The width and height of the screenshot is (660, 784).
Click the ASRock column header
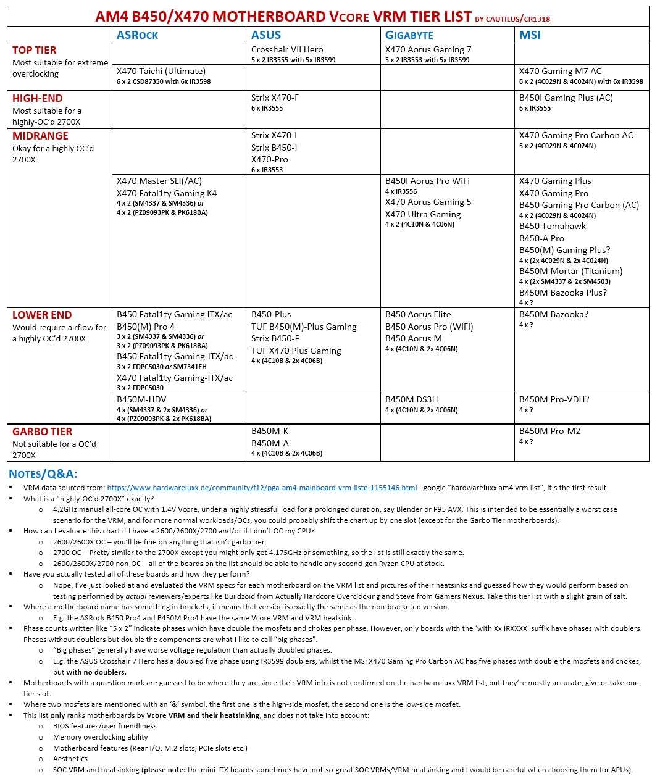(x=137, y=35)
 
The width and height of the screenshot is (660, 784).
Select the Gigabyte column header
(x=409, y=35)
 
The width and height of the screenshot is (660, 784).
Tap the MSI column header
(x=530, y=35)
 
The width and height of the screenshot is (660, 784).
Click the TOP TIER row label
(x=35, y=51)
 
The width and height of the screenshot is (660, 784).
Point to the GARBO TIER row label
(x=43, y=432)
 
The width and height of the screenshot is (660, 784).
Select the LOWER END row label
(x=42, y=315)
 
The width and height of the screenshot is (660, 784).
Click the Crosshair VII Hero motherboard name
(x=287, y=49)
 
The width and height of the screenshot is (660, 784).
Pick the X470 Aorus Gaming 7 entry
(x=428, y=49)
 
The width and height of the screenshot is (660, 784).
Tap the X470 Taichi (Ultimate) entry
(x=161, y=71)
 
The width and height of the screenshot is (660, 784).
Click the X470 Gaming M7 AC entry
(x=560, y=71)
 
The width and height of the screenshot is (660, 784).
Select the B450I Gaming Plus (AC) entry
(x=566, y=98)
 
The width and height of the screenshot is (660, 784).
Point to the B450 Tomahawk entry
(x=552, y=226)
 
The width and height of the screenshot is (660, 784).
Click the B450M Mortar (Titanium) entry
(x=570, y=271)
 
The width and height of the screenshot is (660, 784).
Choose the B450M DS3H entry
(x=411, y=399)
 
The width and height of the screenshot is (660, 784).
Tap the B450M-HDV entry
(x=142, y=399)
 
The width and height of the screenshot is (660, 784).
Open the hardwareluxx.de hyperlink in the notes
(x=262, y=488)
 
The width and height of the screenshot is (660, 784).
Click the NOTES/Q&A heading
(x=43, y=474)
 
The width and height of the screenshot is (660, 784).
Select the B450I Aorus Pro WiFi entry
(x=427, y=181)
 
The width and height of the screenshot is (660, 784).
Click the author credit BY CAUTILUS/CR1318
(x=512, y=19)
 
